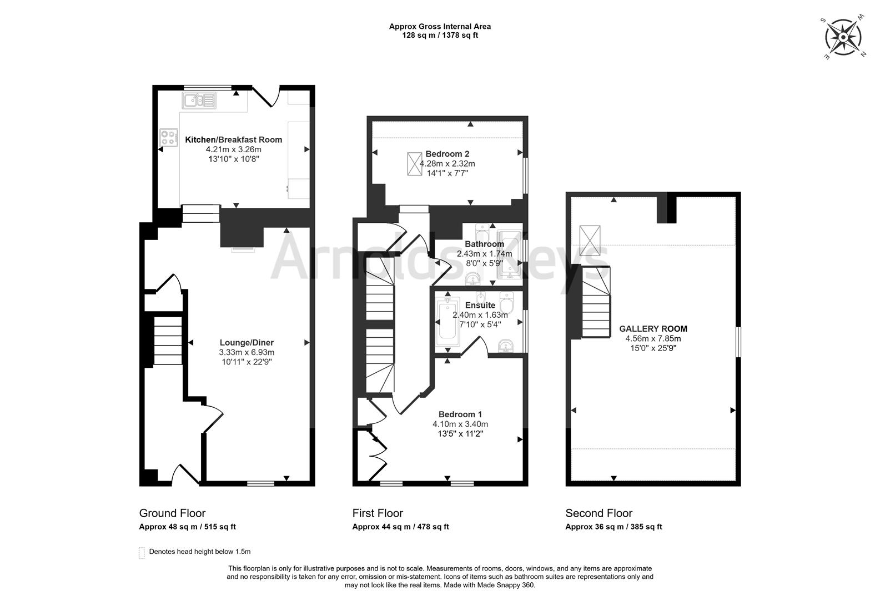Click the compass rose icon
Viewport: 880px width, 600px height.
(843, 37)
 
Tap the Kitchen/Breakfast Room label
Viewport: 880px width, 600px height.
(233, 139)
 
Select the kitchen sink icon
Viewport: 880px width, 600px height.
(199, 100)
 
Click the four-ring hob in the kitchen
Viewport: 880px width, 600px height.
(169, 138)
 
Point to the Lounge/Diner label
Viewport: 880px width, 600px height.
(247, 342)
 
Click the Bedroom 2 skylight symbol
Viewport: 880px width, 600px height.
(414, 163)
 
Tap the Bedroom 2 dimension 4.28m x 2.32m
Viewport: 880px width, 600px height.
(447, 163)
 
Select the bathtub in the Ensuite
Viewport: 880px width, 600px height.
(447, 322)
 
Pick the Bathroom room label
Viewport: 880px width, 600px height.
(484, 244)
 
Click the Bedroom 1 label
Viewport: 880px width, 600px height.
(460, 414)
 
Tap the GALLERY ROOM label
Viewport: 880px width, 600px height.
(653, 329)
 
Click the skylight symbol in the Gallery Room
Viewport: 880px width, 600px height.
(590, 240)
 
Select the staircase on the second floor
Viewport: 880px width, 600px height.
(596, 302)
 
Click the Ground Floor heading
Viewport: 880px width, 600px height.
(172, 513)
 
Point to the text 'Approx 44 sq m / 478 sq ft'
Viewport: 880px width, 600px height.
(400, 527)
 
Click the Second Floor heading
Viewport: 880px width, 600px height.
(599, 513)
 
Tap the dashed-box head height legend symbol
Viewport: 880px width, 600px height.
(142, 552)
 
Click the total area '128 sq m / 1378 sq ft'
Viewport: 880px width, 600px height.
(440, 36)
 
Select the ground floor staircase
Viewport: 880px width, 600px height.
(168, 341)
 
